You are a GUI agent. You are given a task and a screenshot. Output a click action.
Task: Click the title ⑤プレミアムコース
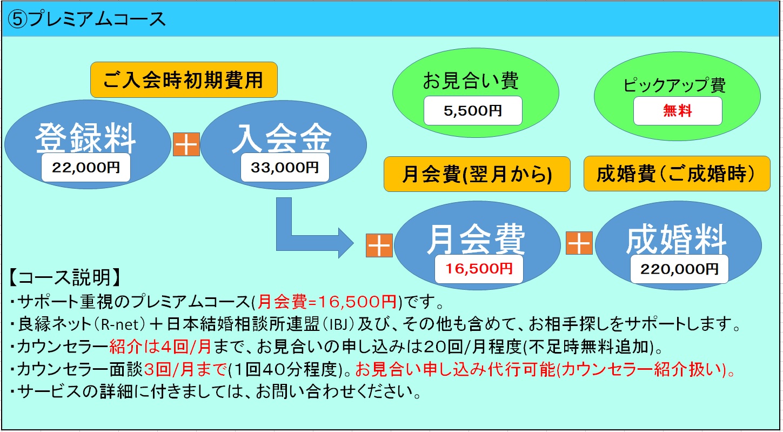pos(86,19)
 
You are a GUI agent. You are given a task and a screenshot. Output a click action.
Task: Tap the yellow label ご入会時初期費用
pos(184,80)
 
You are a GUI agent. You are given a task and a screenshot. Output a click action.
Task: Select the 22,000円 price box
pos(86,168)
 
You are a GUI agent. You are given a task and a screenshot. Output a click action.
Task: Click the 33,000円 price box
pos(285,168)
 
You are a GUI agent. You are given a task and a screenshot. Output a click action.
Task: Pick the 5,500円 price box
pos(473,110)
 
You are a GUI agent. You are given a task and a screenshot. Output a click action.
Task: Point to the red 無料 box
pos(678,111)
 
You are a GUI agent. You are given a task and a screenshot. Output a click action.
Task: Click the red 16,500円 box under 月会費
pos(479,269)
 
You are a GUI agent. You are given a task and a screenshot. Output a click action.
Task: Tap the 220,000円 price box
pos(679,269)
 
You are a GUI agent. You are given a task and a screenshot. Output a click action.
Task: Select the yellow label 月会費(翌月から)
pos(477,174)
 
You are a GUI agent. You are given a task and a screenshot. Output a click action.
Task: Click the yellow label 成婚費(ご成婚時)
pos(677,174)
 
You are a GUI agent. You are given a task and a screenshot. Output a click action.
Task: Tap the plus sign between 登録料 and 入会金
pos(186,144)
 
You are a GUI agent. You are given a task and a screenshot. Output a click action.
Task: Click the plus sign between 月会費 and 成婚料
pos(579,243)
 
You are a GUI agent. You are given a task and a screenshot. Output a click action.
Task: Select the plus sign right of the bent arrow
pos(379,245)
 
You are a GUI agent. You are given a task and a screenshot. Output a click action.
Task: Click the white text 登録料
pos(85,138)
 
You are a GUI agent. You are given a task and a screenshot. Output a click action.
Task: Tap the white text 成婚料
pos(677,240)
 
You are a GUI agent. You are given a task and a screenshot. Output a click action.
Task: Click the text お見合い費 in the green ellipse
pos(471,81)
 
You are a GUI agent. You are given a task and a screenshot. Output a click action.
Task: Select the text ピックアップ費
pos(674,85)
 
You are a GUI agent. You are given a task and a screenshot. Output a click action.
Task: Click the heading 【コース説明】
pos(65,278)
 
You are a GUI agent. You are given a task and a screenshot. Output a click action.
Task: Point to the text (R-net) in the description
pos(118,324)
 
